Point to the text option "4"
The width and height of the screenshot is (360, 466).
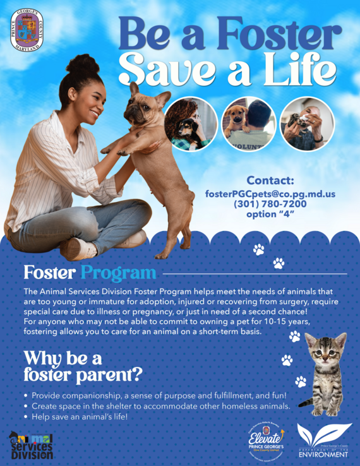pyautogui.click(x=270, y=214)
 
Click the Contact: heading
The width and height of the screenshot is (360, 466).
pyautogui.click(x=270, y=181)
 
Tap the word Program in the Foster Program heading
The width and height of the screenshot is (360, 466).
pyautogui.click(x=117, y=273)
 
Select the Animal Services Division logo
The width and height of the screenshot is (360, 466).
pyautogui.click(x=31, y=446)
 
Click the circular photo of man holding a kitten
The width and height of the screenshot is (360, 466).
pyautogui.click(x=306, y=123)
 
